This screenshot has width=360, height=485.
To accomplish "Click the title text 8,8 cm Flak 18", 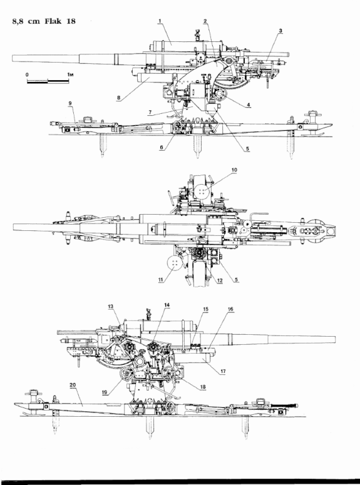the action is pos(44,21).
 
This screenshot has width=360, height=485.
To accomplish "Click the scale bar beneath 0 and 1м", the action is pos(48,81).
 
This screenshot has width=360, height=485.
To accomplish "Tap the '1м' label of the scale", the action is pos(70,74).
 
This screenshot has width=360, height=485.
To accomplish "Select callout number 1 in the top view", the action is pos(160,21).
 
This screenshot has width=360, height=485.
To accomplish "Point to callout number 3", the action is pos(280,31).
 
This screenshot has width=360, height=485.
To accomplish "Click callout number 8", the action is pos(118,98).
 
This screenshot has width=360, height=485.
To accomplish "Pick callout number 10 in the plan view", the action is pos(234,170).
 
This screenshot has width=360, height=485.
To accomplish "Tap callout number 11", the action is pos(161,280).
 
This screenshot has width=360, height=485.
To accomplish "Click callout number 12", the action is pos(220,280).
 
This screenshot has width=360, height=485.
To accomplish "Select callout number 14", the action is pos(167,305).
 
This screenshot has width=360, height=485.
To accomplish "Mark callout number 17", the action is pos(223,372).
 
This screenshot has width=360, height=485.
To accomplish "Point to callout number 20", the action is pos(73,385).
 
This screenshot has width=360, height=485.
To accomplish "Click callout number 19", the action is pos(105,392).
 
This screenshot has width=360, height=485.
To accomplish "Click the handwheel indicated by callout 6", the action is pos(177,128).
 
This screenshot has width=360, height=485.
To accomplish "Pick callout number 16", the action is pos(230,309).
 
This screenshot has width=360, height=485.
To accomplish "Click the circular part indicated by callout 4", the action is pos(220,94).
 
